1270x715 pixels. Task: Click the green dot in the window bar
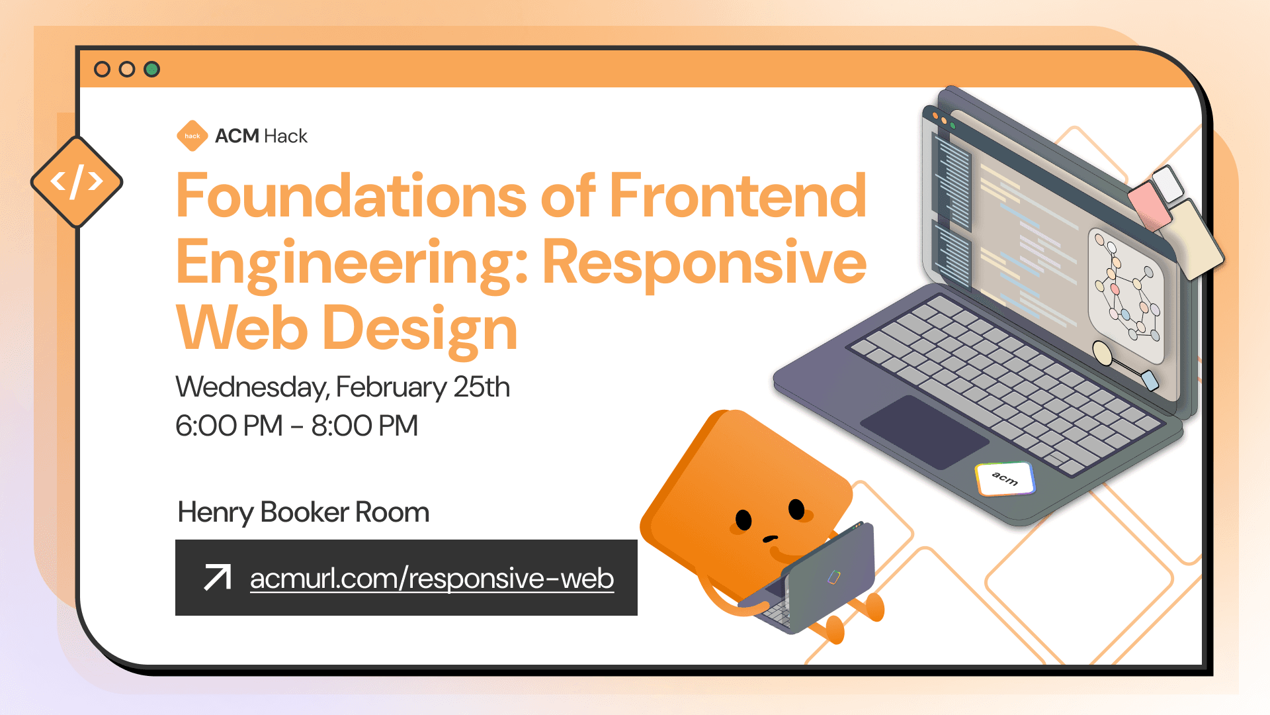[152, 69]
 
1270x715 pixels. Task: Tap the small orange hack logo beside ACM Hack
[192, 136]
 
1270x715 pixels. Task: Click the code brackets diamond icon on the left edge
[77, 181]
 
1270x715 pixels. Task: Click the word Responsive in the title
[704, 262]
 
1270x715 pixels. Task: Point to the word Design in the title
[419, 329]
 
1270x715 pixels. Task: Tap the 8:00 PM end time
[364, 426]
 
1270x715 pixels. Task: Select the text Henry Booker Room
[304, 512]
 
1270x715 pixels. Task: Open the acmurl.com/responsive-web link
[432, 579]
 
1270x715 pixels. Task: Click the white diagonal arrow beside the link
[217, 577]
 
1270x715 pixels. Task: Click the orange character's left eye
[743, 520]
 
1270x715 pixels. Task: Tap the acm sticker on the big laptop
[1005, 479]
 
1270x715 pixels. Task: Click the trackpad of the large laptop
[924, 432]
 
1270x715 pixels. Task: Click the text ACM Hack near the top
[261, 136]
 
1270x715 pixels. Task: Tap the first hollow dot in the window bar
[102, 69]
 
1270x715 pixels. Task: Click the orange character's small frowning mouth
[770, 538]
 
